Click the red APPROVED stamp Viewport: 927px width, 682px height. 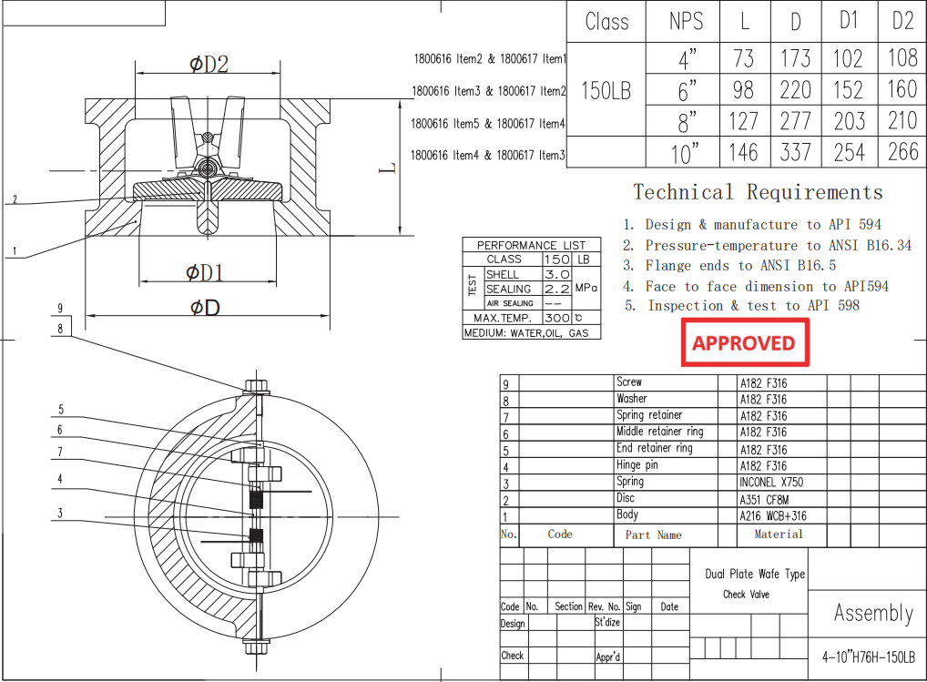tap(743, 343)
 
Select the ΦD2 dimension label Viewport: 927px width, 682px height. tap(209, 64)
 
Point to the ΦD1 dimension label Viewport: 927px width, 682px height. tap(205, 272)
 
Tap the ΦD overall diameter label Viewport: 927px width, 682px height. tap(205, 307)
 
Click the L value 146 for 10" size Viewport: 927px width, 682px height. tap(743, 152)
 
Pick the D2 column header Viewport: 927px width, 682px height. tap(902, 21)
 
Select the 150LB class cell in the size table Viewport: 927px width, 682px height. tap(606, 91)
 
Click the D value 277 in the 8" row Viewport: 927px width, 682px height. tap(795, 121)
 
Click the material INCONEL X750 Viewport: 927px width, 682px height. tap(771, 483)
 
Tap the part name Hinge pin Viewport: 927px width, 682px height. tap(637, 465)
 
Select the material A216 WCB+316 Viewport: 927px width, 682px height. tap(773, 516)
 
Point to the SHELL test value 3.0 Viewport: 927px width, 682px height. tap(556, 274)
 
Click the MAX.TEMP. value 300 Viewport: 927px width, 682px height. tap(556, 318)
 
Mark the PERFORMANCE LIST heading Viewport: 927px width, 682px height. tap(532, 245)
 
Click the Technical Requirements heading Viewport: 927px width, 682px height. tap(758, 192)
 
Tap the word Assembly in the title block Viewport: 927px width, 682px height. tap(872, 613)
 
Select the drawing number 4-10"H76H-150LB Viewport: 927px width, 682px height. tap(868, 657)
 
